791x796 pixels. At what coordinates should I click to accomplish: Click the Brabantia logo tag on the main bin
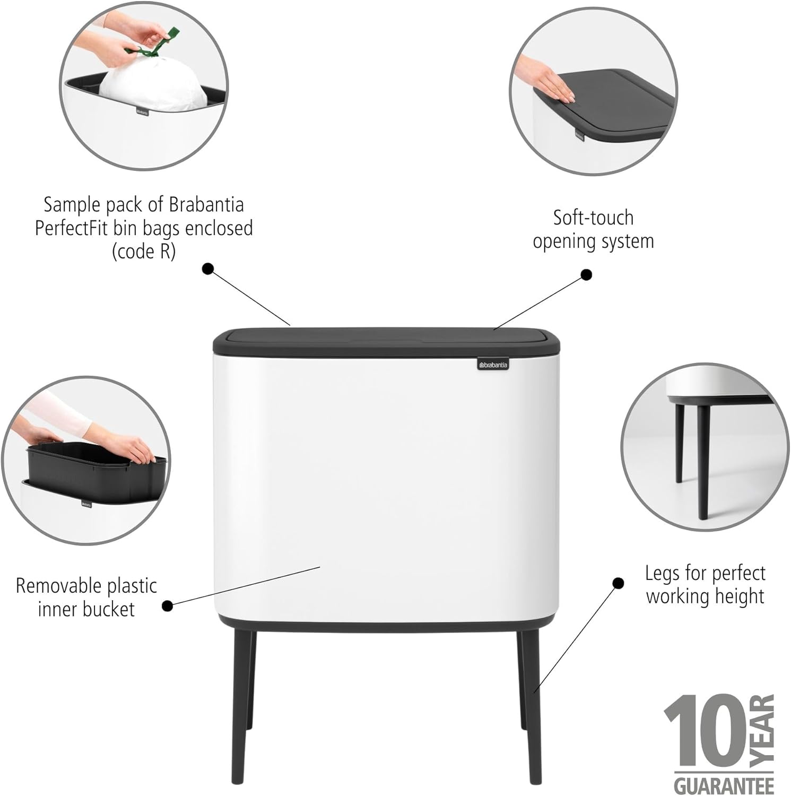[493, 365]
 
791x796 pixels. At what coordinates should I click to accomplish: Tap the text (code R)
[143, 251]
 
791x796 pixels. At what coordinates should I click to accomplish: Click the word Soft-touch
[593, 218]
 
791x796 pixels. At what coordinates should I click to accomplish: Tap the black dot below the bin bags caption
[208, 269]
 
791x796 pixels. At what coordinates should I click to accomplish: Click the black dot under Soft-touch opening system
[586, 274]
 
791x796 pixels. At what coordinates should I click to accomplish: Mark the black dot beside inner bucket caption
[167, 605]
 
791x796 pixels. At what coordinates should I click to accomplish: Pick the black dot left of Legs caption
[618, 583]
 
